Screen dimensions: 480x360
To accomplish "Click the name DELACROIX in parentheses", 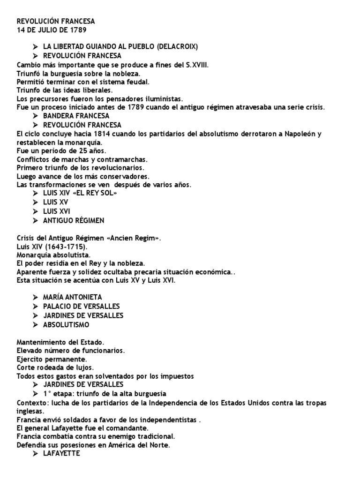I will pyautogui.click(x=177, y=46).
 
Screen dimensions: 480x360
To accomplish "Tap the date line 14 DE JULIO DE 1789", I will pyautogui.click(x=52, y=30).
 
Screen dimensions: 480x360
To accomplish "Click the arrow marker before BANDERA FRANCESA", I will pyautogui.click(x=35, y=116).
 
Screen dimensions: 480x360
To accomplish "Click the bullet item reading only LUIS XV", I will pyautogui.click(x=55, y=202).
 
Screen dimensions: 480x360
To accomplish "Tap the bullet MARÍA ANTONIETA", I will pyautogui.click(x=72, y=297).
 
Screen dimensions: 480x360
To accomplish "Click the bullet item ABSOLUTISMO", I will pyautogui.click(x=66, y=324).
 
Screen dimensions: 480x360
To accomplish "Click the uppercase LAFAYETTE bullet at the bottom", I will pyautogui.click(x=61, y=454).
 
